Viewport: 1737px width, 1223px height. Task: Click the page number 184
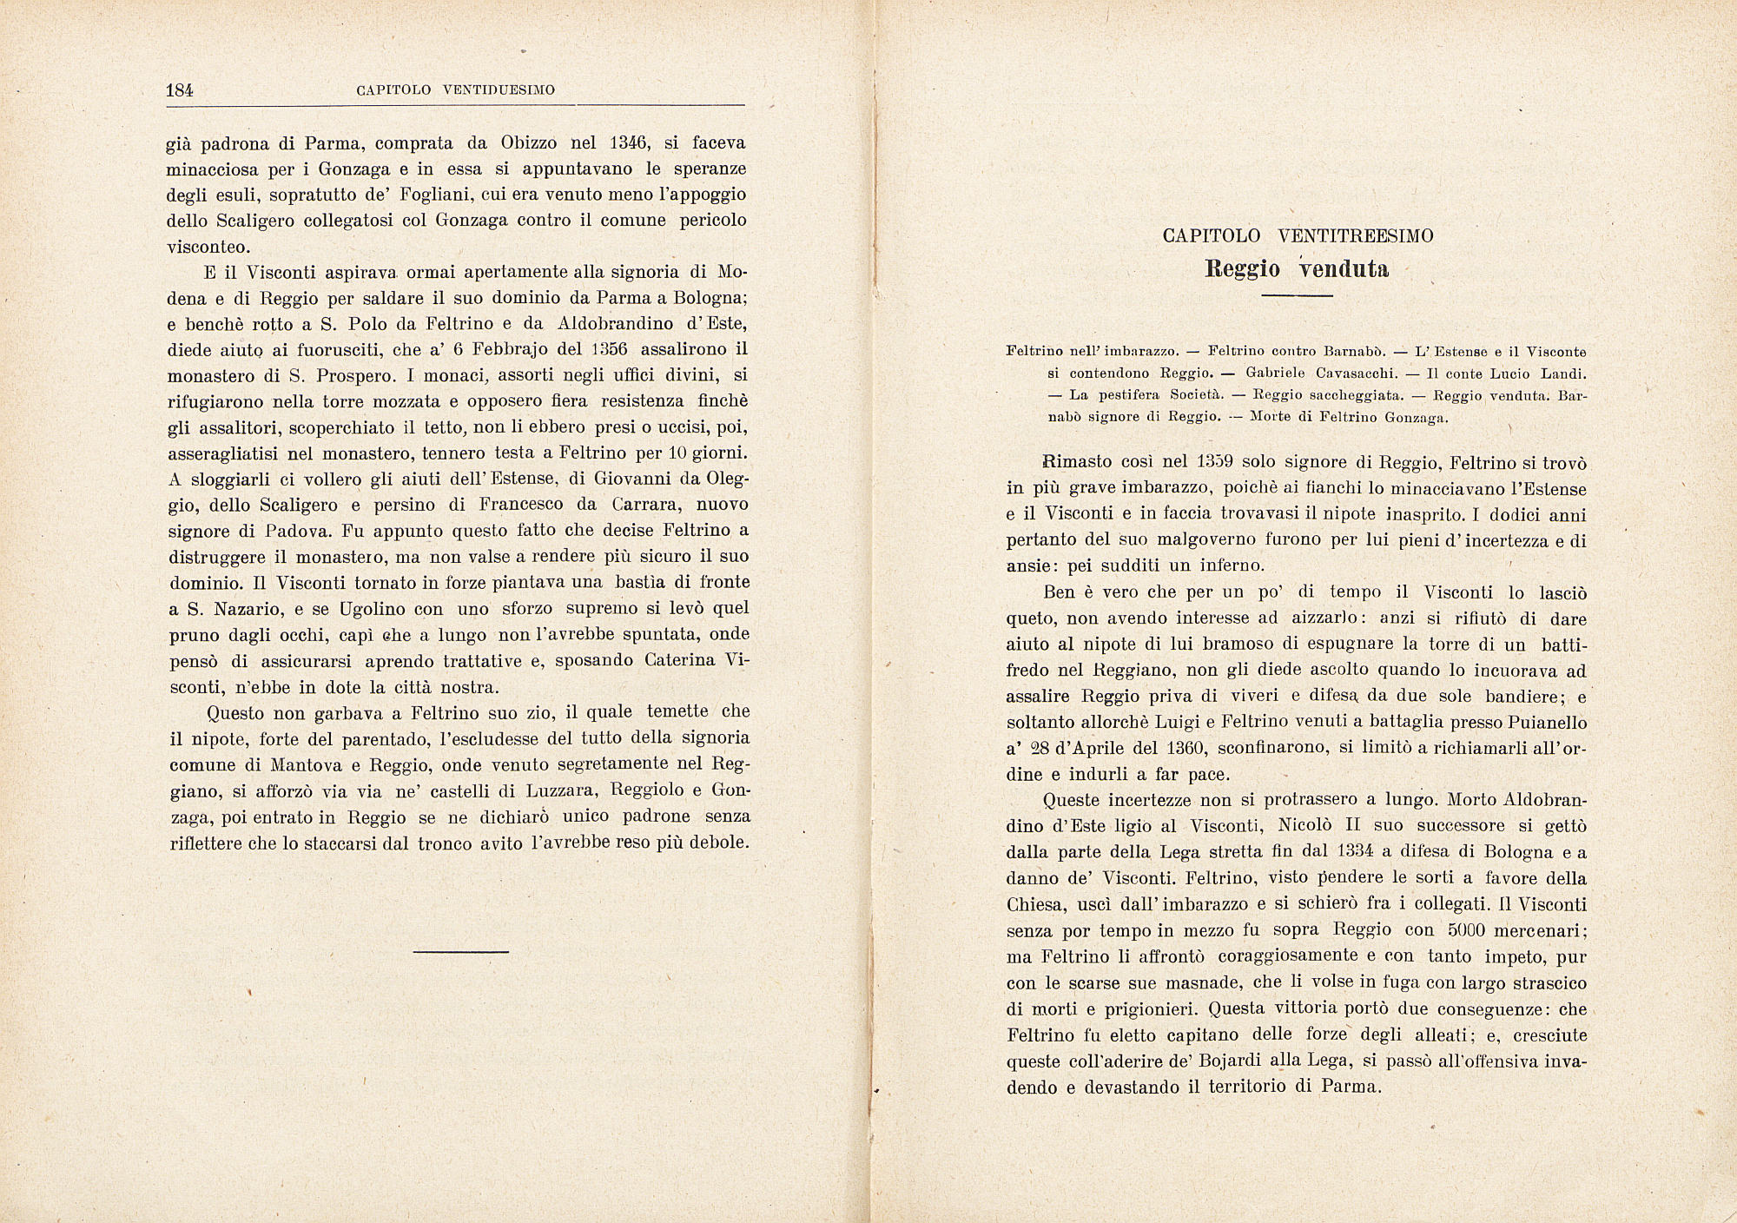tap(178, 89)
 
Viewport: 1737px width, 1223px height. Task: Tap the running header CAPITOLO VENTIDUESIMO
tap(456, 90)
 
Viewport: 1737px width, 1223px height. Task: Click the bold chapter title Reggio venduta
tap(1298, 268)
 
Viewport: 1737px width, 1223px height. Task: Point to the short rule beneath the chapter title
tap(1297, 297)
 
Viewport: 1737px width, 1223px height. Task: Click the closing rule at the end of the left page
tap(460, 952)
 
